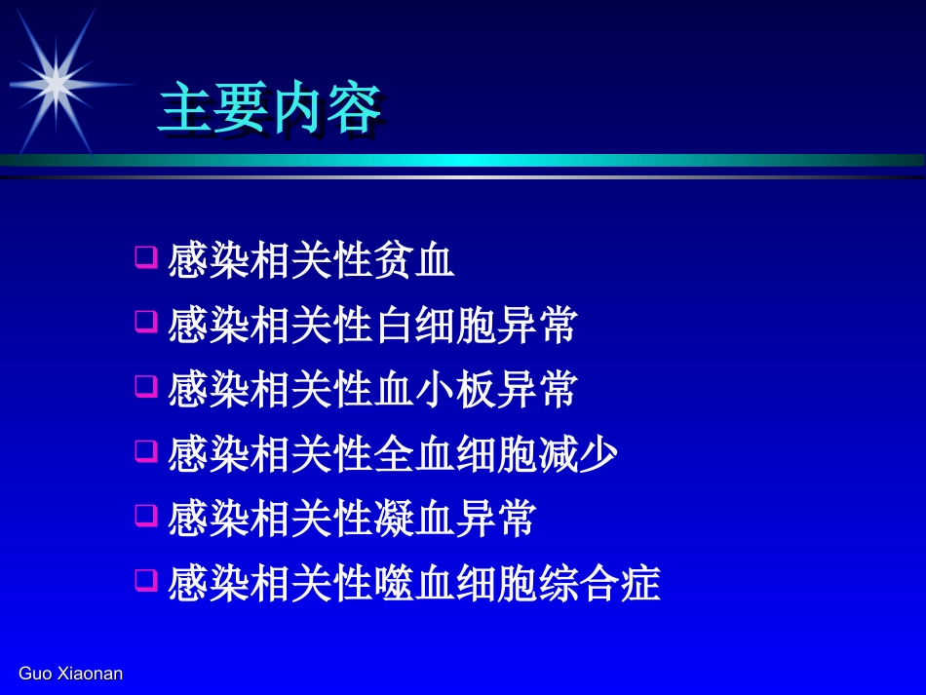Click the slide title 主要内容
click(269, 108)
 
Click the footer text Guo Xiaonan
click(71, 674)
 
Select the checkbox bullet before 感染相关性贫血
click(145, 258)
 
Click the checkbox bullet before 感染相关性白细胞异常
click(145, 322)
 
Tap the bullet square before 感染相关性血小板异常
click(145, 386)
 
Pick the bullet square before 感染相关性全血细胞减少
click(145, 450)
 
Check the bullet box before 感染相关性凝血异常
click(145, 515)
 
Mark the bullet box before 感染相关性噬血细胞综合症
click(145, 580)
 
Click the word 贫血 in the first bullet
click(413, 261)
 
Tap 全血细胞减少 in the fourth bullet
click(495, 454)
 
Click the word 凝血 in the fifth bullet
click(413, 519)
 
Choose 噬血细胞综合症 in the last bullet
click(516, 583)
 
